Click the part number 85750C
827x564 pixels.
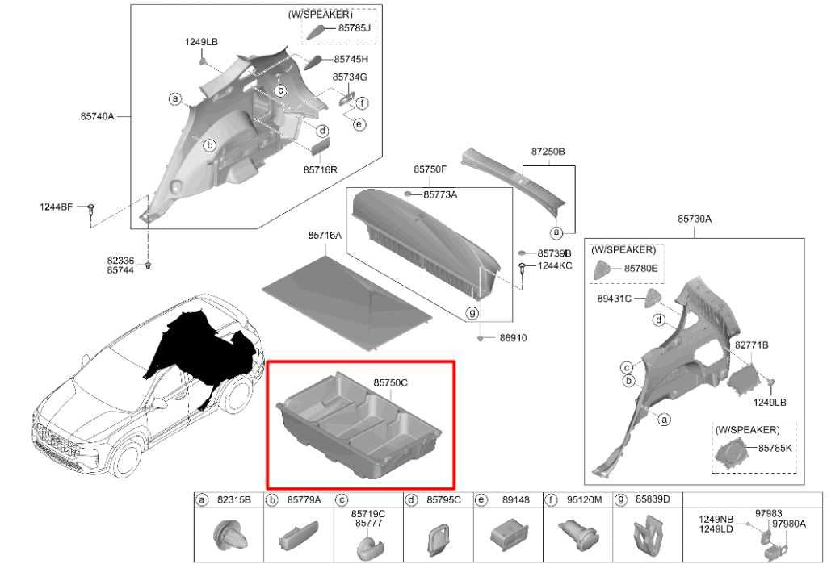(x=390, y=383)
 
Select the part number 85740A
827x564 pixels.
(x=97, y=116)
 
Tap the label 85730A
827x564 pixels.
(x=695, y=219)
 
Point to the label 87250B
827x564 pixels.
(x=548, y=152)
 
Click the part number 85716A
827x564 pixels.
(x=325, y=236)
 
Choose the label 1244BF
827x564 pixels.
(x=57, y=207)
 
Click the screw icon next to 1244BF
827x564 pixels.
(x=90, y=209)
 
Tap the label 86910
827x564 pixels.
(x=513, y=338)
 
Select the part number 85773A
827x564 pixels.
(x=440, y=195)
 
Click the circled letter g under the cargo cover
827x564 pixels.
(x=472, y=312)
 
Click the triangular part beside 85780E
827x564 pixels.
(x=602, y=269)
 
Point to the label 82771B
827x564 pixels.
(x=752, y=345)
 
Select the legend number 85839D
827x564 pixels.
(x=653, y=499)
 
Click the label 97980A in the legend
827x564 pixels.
(x=789, y=524)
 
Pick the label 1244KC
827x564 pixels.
(x=555, y=266)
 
